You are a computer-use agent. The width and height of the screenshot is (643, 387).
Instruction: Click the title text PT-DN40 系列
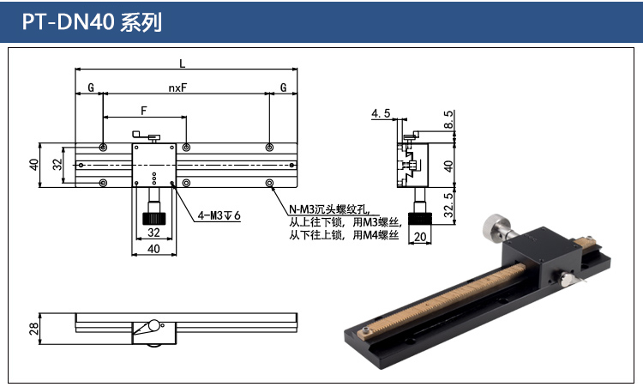pyautogui.click(x=93, y=21)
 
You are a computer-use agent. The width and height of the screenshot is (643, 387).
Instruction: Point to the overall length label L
pyautogui.click(x=182, y=62)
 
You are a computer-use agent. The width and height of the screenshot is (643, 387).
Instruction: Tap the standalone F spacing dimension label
pyautogui.click(x=143, y=111)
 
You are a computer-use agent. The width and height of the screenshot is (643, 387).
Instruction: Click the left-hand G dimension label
pyautogui.click(x=90, y=88)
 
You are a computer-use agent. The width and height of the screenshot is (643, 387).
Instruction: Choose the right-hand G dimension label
pyautogui.click(x=283, y=88)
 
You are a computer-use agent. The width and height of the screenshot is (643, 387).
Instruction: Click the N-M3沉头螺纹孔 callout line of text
pyautogui.click(x=328, y=209)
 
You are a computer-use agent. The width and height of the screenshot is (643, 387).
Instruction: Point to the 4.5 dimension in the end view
pyautogui.click(x=382, y=113)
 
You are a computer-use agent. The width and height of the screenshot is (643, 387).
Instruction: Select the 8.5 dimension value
pyautogui.click(x=449, y=121)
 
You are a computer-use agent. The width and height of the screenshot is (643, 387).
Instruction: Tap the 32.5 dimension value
pyautogui.click(x=449, y=207)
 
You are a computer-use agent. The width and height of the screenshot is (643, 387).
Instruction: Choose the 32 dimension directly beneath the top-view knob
pyautogui.click(x=154, y=232)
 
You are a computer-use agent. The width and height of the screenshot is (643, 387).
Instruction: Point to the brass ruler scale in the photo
pyautogui.click(x=446, y=301)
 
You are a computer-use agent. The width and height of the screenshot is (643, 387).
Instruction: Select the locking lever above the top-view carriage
pyautogui.click(x=147, y=135)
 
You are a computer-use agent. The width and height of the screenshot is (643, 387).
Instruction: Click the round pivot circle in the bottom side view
pyautogui.click(x=153, y=325)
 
